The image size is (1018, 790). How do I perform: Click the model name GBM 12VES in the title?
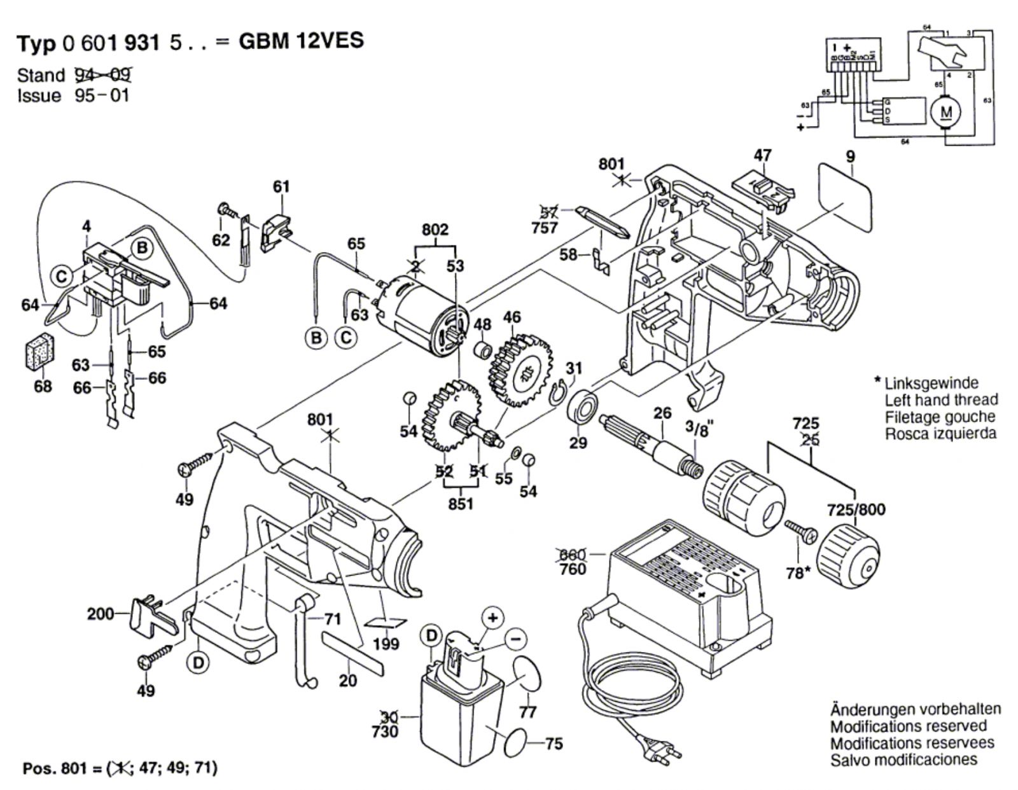tap(301, 41)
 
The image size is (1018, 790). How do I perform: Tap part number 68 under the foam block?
tap(43, 386)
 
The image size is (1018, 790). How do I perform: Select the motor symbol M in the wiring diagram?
tap(947, 112)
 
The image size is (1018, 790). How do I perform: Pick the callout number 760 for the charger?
tap(573, 569)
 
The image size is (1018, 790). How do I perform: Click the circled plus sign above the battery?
tap(492, 616)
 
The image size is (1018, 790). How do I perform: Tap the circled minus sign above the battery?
tap(515, 638)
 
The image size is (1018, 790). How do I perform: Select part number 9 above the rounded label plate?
tap(851, 156)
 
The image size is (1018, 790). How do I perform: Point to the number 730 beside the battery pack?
tap(385, 731)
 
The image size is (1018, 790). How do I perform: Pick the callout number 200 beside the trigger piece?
tap(101, 614)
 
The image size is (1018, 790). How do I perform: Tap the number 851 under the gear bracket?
tap(461, 504)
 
